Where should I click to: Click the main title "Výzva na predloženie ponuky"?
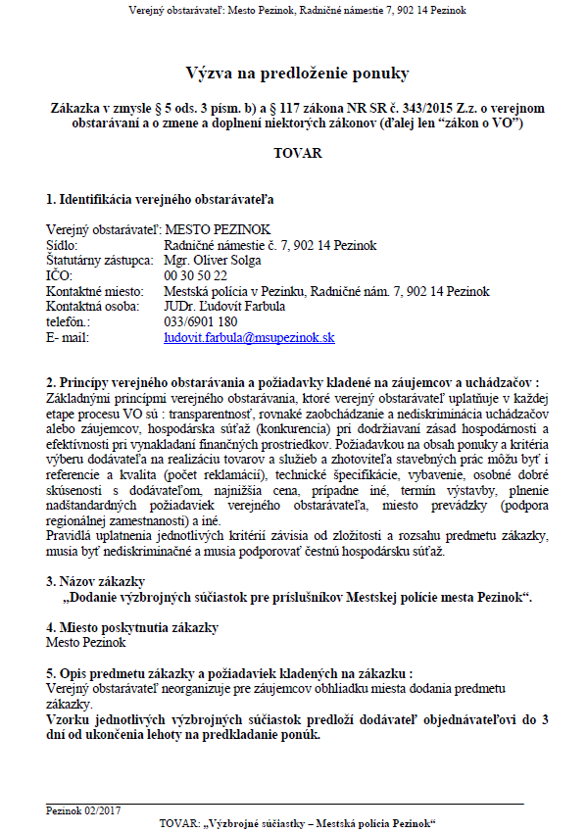coord(297,73)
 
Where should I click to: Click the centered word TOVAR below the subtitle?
coord(297,154)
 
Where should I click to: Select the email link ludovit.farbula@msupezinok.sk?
coord(250,337)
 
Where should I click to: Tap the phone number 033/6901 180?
coord(201,321)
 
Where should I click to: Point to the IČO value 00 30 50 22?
coord(195,275)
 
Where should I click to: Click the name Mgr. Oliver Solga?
coord(213,260)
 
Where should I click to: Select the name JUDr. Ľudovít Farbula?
coord(226,306)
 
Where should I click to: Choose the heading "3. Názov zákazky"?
coord(95,580)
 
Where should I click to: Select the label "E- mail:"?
coord(68,337)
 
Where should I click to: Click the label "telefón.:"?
coord(69,321)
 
